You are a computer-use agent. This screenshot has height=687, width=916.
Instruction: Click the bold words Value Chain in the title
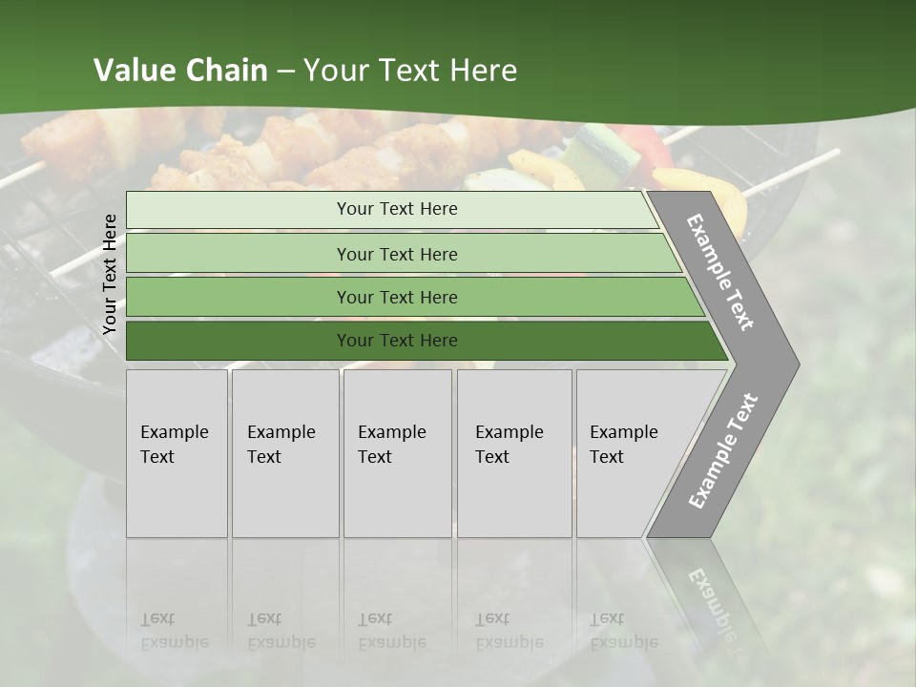point(180,71)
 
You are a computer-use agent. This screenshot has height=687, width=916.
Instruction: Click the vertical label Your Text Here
point(110,274)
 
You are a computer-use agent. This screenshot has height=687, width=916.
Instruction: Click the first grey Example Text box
point(177,453)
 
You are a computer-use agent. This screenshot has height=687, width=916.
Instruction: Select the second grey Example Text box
point(284,453)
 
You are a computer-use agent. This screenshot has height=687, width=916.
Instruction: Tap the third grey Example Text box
point(397,453)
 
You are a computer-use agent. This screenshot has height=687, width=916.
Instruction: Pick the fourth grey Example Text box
point(514,453)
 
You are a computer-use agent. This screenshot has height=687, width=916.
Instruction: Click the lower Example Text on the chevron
point(723,450)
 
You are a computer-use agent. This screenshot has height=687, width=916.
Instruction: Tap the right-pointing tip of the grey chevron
point(794,364)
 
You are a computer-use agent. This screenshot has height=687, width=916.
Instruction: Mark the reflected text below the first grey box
point(172,631)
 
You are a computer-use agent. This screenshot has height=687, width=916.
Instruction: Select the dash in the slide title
point(285,71)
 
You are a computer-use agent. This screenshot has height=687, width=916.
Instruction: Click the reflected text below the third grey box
point(390,631)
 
